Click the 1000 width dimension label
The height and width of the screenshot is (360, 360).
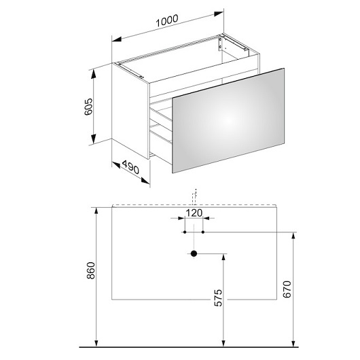tap(167, 20)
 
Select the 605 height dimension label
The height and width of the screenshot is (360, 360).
tap(88, 107)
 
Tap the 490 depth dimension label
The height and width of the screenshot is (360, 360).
tap(130, 166)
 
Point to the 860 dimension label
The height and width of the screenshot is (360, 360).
tap(91, 270)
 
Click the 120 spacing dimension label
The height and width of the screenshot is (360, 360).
tap(194, 213)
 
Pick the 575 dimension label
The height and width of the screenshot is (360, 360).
tap(218, 298)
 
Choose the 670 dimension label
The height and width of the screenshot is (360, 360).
tap(287, 289)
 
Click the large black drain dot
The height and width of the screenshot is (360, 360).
tap(194, 254)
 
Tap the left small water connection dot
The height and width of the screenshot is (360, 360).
tap(185, 232)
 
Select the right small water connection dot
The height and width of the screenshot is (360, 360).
tap(203, 232)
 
